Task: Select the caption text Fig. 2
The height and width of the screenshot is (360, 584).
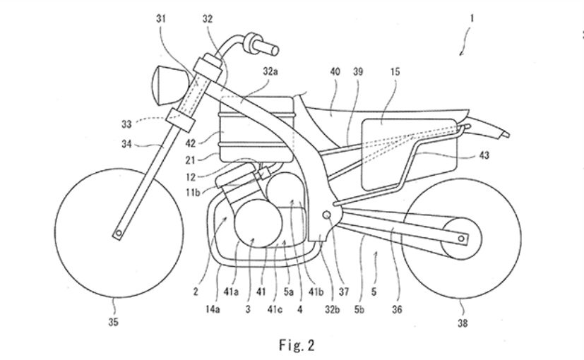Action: [x=292, y=348]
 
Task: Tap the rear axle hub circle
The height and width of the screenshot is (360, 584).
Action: [x=460, y=239]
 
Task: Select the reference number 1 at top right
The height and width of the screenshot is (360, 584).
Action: [x=472, y=19]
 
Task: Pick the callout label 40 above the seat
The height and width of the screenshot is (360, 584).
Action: [x=334, y=71]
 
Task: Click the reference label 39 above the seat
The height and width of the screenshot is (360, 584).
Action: [x=359, y=71]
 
